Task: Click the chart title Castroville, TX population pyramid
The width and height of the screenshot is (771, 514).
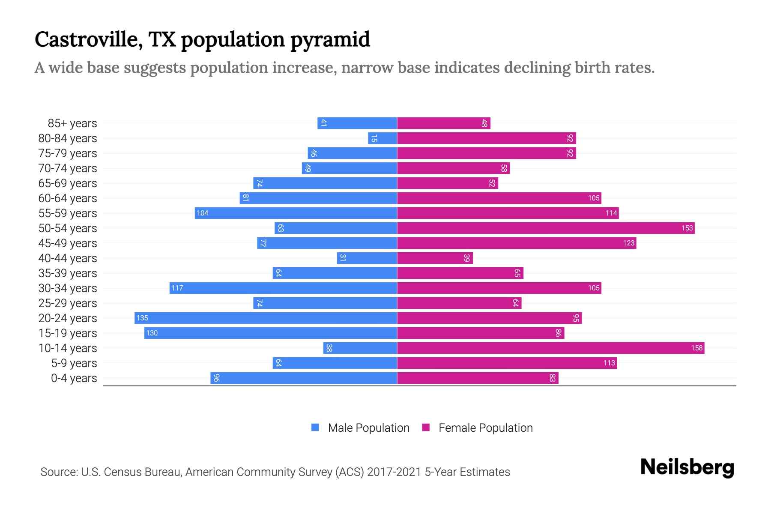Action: [x=202, y=40]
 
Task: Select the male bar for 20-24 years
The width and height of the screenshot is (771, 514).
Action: [x=266, y=318]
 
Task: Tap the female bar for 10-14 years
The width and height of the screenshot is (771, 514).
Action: [x=550, y=348]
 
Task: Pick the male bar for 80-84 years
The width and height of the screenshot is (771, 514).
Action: [x=383, y=138]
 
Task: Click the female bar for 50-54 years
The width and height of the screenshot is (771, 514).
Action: [x=546, y=228]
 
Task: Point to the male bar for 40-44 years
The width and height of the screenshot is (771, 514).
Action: [x=367, y=258]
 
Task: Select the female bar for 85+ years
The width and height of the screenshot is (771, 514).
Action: [x=444, y=123]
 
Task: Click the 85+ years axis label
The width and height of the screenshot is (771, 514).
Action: [x=72, y=123]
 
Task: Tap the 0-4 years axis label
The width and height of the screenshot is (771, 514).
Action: [x=74, y=378]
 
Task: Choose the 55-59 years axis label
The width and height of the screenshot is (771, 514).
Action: [x=68, y=213]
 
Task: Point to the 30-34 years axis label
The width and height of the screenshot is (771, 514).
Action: [x=68, y=288]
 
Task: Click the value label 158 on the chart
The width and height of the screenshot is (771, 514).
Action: [x=697, y=348]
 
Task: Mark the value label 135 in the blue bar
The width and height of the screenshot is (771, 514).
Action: [x=142, y=318]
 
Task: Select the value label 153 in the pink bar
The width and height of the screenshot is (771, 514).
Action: [x=687, y=228]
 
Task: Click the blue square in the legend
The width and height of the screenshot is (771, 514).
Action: [x=315, y=427]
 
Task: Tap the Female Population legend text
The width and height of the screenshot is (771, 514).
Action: [x=485, y=428]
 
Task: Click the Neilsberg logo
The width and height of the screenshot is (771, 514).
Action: [x=687, y=467]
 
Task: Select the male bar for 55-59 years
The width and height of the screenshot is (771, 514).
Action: [x=296, y=213]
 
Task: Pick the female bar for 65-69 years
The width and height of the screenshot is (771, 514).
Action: [x=448, y=183]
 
